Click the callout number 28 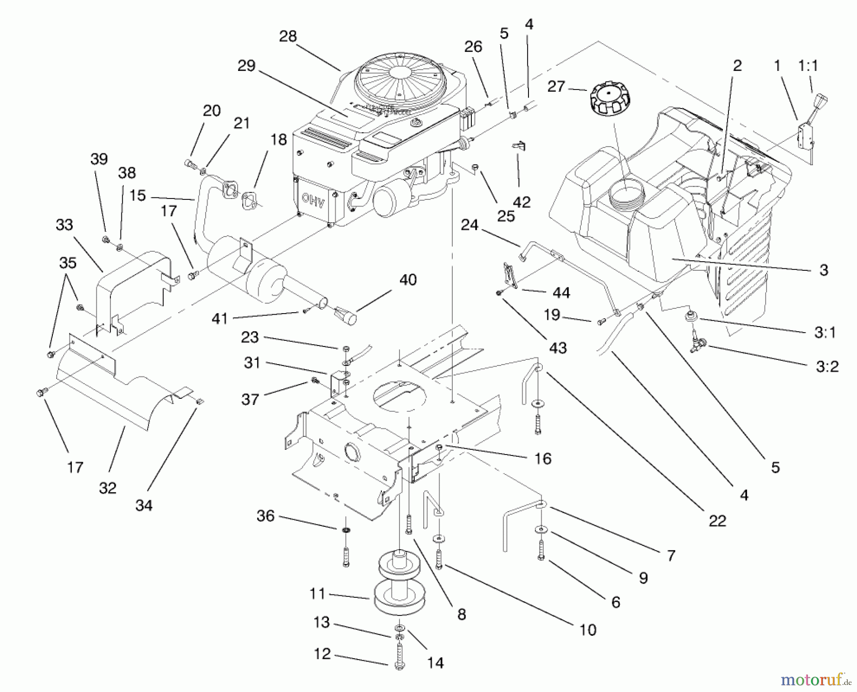click(x=288, y=37)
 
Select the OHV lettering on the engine click(x=313, y=200)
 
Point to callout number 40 click(x=408, y=280)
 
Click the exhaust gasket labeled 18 click(x=251, y=199)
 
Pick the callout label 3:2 click(x=827, y=366)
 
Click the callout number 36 click(x=266, y=515)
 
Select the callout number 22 click(x=717, y=521)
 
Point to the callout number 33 click(x=64, y=224)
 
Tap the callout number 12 click(x=322, y=653)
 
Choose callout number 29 click(x=247, y=66)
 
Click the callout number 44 click(x=561, y=293)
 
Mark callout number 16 click(x=542, y=459)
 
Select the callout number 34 click(x=144, y=505)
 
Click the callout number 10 click(x=588, y=630)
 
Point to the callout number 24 click(x=469, y=225)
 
